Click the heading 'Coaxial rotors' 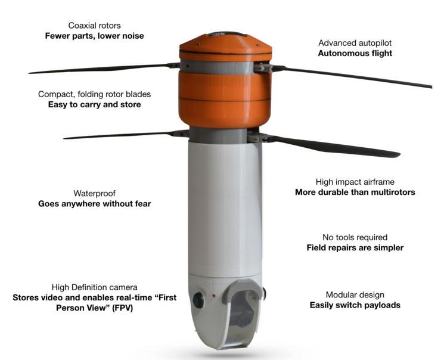coord(94,25)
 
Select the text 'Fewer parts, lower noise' coord(94,36)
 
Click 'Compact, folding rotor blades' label coord(94,94)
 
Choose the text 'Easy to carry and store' coord(94,105)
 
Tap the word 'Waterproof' coord(94,193)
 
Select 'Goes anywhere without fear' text coord(94,204)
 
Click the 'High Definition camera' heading coord(94,286)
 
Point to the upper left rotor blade coord(101,69)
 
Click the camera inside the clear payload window coord(238,310)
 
